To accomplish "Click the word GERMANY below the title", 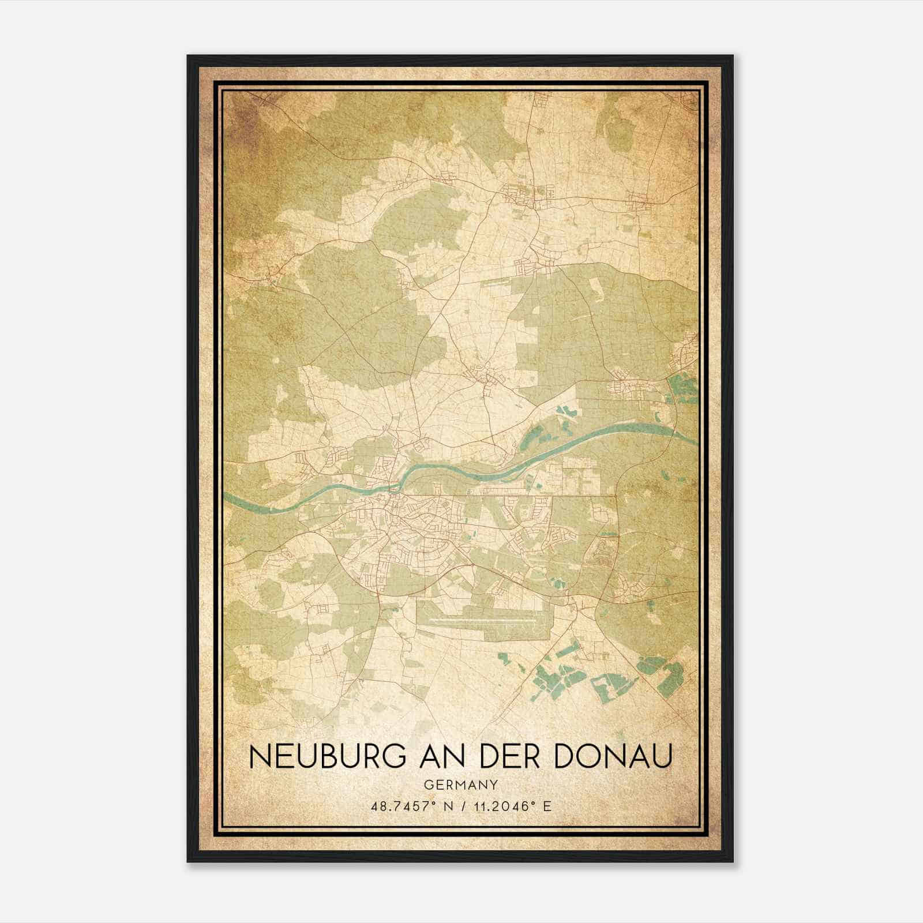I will pos(461,785).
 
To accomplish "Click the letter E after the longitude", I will pos(547,806).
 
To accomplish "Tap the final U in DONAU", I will pos(663,757).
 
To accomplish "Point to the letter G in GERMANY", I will pos(427,785).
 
